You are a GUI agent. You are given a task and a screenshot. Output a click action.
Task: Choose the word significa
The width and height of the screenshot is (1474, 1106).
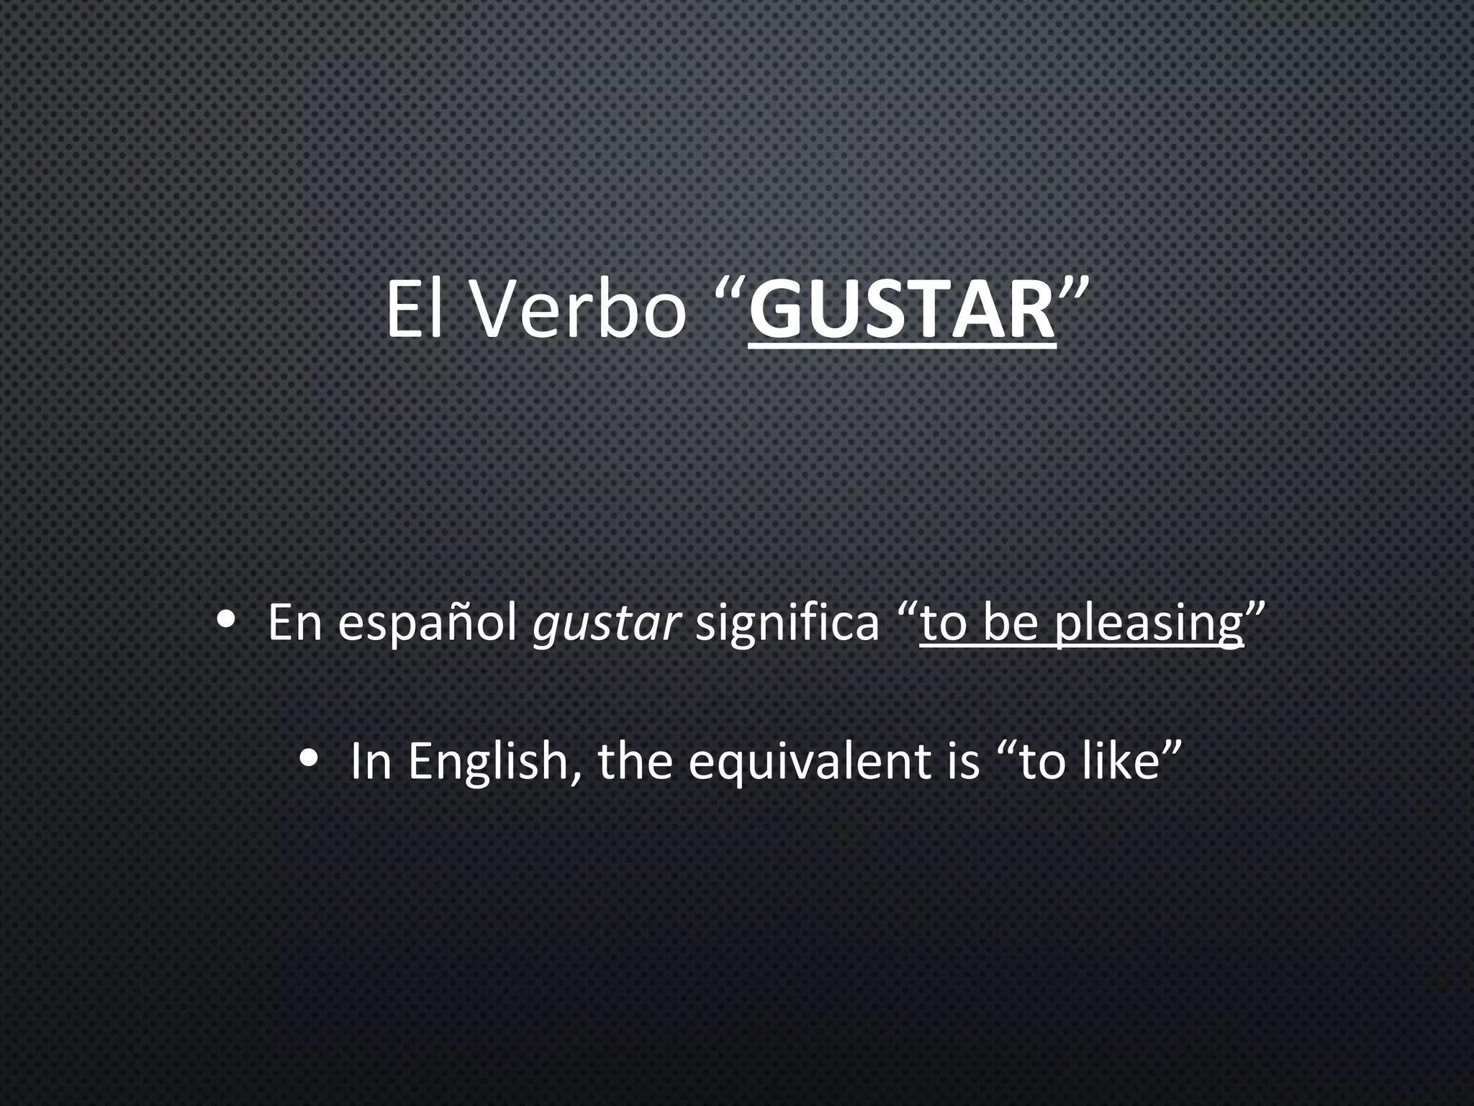(x=787, y=623)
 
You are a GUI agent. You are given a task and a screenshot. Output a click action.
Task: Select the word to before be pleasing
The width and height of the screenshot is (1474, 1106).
(x=944, y=623)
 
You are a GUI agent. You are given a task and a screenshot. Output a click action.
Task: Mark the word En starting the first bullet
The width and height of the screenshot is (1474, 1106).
(x=294, y=623)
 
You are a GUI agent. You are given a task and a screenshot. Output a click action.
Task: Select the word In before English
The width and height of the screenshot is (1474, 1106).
(x=370, y=761)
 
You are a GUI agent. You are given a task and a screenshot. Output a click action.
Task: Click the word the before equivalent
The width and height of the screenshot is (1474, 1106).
(x=635, y=761)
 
